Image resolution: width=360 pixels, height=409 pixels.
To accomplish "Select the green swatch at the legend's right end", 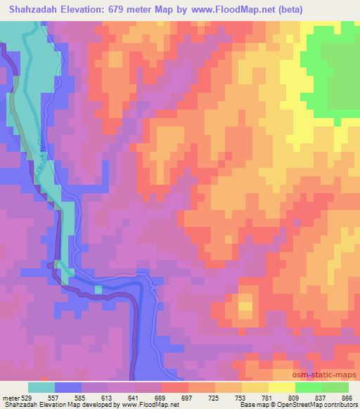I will (335, 387).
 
